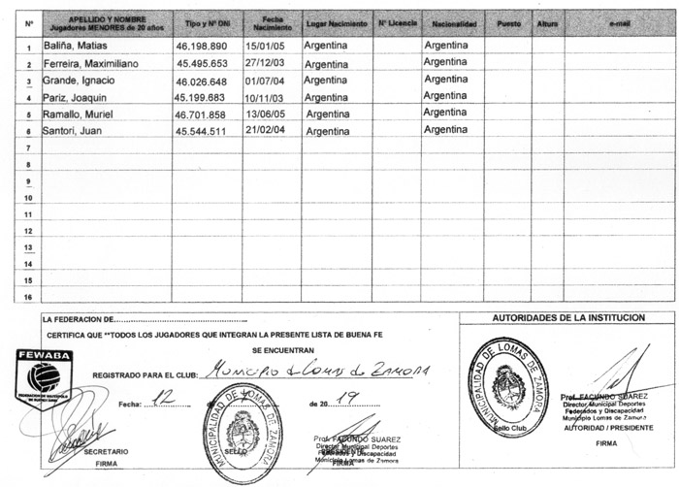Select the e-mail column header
(x=619, y=21)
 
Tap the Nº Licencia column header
(x=396, y=21)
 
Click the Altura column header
(x=547, y=21)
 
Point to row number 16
(x=29, y=297)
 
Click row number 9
(x=29, y=181)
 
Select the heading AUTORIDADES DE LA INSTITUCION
(x=567, y=317)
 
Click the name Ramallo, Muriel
(x=78, y=114)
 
